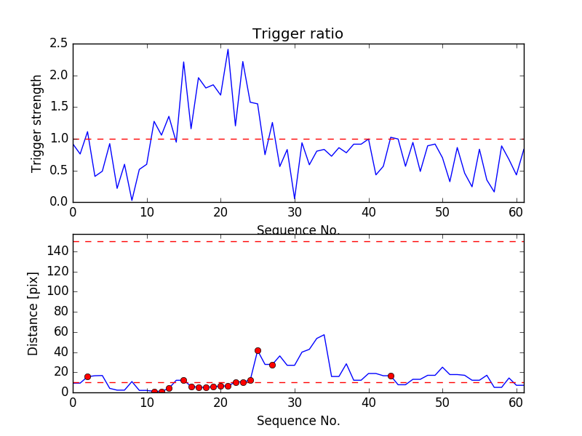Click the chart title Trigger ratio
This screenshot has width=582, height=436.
[x=298, y=34]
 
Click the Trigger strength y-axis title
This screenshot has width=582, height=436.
[x=37, y=123]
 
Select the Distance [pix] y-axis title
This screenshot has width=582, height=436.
[x=33, y=312]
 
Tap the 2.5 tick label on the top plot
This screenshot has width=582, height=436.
[x=59, y=44]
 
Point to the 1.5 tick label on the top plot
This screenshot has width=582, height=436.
[x=59, y=107]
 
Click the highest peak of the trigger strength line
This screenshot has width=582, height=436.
[x=228, y=49]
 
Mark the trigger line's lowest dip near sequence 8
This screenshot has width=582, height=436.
[x=132, y=200]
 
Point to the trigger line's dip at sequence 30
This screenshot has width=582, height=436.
[x=295, y=199]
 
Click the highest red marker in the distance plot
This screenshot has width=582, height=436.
[x=258, y=350]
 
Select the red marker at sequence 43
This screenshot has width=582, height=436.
[x=391, y=376]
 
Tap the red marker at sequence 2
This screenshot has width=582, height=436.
[x=87, y=376]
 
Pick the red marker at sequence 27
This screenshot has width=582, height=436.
[x=272, y=365]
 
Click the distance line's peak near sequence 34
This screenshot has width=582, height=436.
[x=324, y=335]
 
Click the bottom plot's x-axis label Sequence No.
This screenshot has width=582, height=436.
[x=298, y=421]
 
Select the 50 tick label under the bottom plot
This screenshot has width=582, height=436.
[x=442, y=403]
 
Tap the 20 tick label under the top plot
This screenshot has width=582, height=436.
[x=220, y=214]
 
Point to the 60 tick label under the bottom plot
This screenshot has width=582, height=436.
[x=517, y=403]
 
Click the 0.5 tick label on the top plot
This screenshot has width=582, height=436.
[x=59, y=170]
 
